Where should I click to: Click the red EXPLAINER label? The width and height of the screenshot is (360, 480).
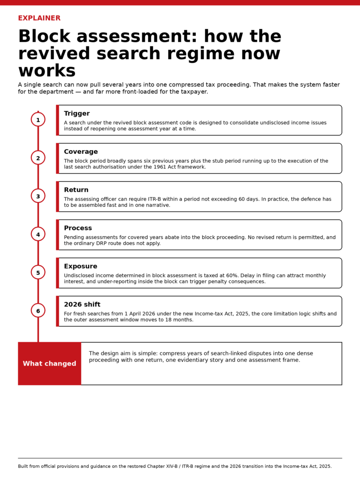pyautogui.click(x=39, y=18)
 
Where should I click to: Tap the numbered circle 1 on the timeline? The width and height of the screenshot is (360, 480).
pyautogui.click(x=38, y=120)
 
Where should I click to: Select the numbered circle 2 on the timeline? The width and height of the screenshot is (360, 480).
pyautogui.click(x=38, y=158)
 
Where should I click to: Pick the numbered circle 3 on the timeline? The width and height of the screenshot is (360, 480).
pyautogui.click(x=38, y=196)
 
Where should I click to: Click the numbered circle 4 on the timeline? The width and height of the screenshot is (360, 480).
pyautogui.click(x=38, y=234)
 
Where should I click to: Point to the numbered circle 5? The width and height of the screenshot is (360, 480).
pyautogui.click(x=38, y=272)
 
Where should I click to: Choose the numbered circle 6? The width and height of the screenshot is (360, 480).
pyautogui.click(x=38, y=311)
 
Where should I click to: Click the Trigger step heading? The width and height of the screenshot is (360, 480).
pyautogui.click(x=76, y=113)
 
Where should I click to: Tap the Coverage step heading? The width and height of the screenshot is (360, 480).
pyautogui.click(x=81, y=152)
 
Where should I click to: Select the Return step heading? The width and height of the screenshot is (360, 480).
pyautogui.click(x=76, y=190)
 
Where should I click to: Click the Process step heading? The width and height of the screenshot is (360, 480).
pyautogui.click(x=78, y=228)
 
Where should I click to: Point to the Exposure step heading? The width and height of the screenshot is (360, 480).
pyautogui.click(x=81, y=266)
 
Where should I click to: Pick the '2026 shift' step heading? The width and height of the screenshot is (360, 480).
pyautogui.click(x=82, y=305)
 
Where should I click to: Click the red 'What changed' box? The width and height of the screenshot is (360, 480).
pyautogui.click(x=50, y=364)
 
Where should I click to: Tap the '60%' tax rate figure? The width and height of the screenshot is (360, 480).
pyautogui.click(x=232, y=276)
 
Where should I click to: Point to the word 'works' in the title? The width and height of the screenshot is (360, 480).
pyautogui.click(x=47, y=71)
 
